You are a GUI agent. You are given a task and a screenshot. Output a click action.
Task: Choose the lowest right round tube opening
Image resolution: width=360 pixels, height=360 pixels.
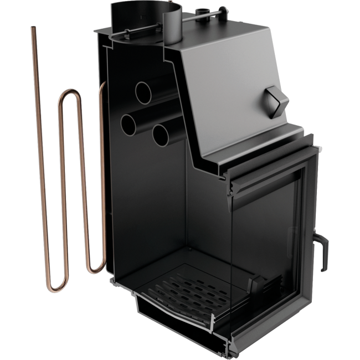161,133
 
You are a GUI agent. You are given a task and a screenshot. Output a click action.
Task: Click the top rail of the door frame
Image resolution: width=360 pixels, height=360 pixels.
271,167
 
